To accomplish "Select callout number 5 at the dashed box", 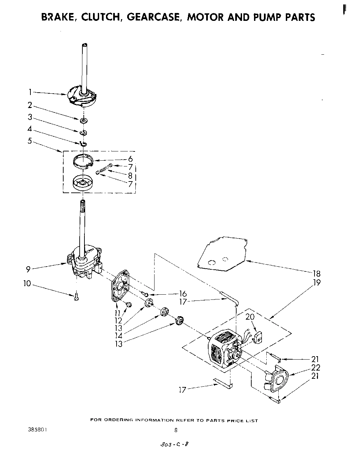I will coord(30,140).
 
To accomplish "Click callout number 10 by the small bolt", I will coord(27,284).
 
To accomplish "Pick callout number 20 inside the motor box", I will coord(250,317).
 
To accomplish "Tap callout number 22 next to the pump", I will coord(316,367).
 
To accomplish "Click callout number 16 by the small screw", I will coord(183,293).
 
